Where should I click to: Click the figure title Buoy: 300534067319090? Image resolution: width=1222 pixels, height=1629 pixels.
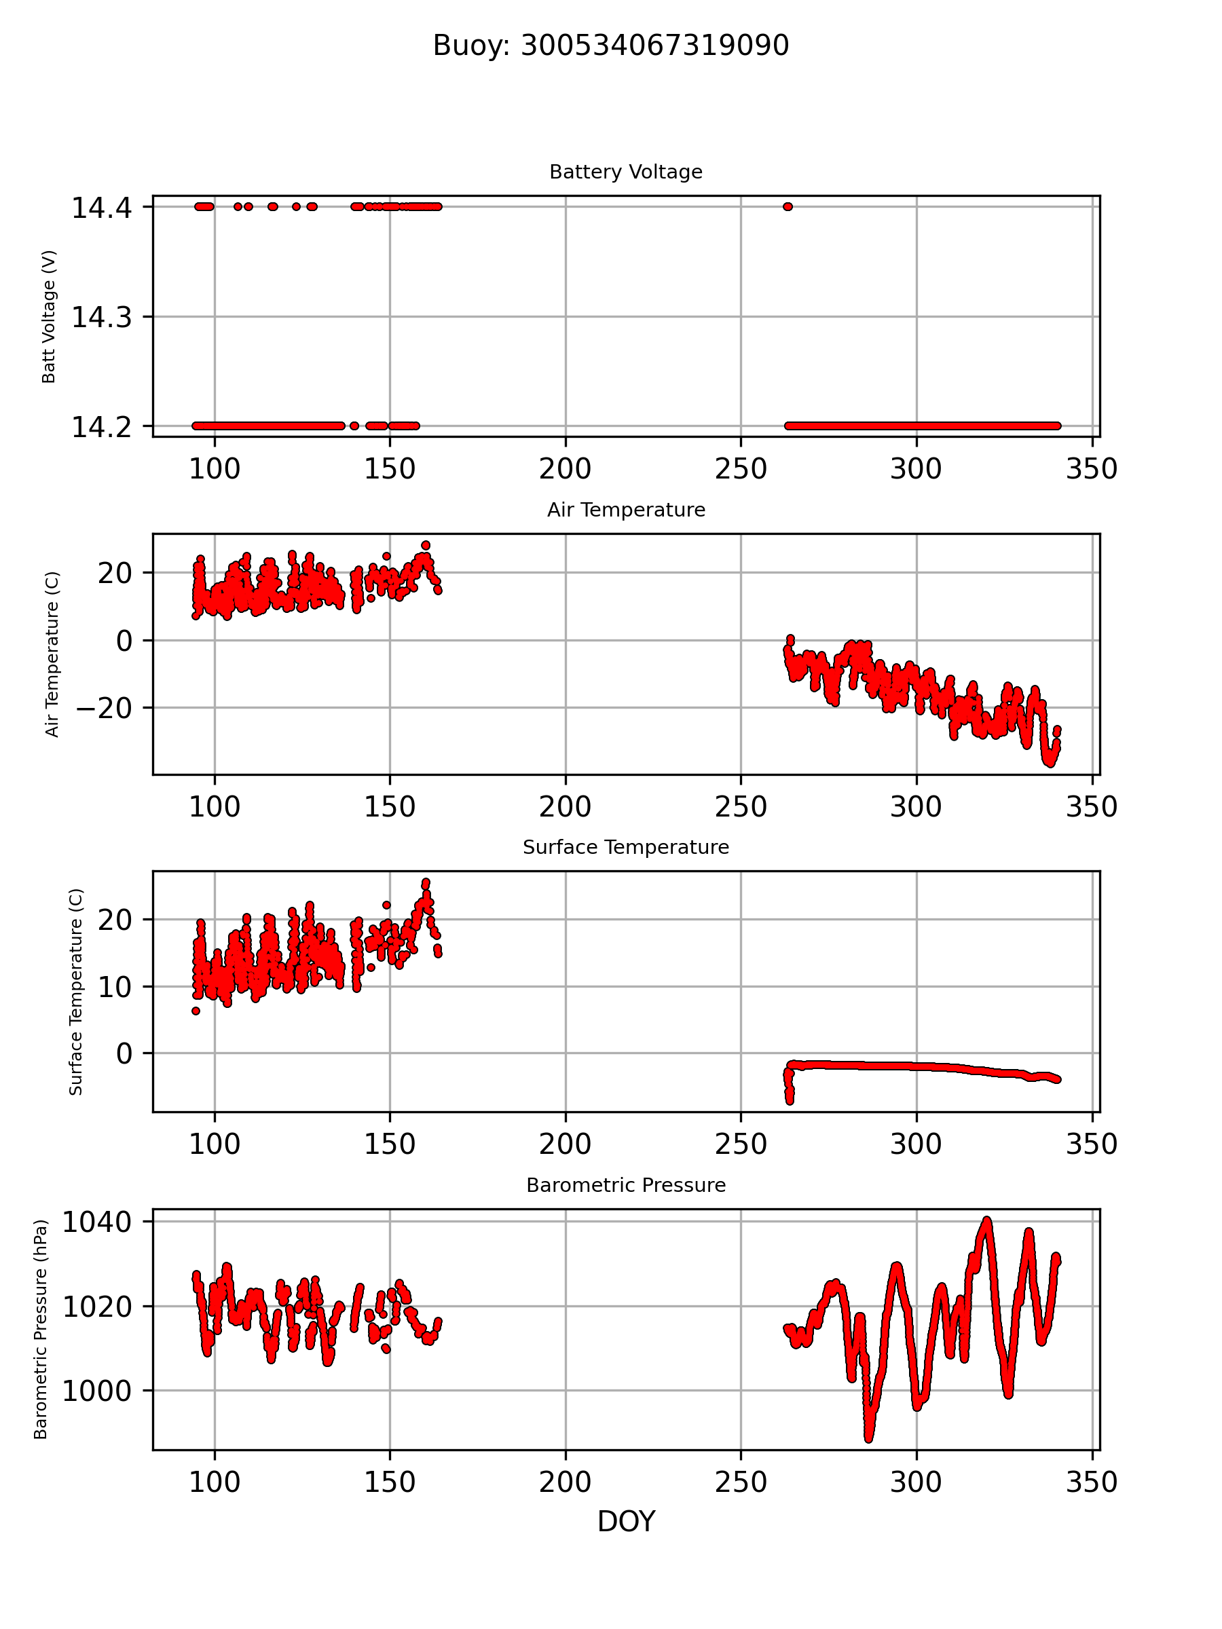(x=610, y=45)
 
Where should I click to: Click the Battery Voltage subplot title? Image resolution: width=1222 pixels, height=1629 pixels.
(x=625, y=172)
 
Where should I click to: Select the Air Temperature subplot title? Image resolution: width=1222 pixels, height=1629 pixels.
(x=625, y=510)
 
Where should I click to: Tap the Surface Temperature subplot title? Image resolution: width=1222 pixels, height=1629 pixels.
(x=625, y=847)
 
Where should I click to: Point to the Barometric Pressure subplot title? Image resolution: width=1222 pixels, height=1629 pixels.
(x=625, y=1185)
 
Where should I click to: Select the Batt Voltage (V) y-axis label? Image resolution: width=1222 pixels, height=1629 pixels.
(x=49, y=317)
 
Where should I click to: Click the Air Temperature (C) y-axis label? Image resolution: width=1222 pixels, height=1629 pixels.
(x=52, y=654)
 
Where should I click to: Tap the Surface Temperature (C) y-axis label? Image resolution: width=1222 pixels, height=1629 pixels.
(x=75, y=991)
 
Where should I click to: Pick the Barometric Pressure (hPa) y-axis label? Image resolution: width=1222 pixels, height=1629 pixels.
(x=41, y=1328)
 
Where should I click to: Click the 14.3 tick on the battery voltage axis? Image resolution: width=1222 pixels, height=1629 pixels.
(x=102, y=318)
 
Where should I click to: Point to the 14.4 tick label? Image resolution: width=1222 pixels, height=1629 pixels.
(x=102, y=208)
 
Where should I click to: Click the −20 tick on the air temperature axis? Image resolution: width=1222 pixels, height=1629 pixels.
(x=104, y=708)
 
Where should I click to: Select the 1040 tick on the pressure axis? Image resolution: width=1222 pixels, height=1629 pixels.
(x=96, y=1222)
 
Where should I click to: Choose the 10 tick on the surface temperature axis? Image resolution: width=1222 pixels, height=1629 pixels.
(x=115, y=987)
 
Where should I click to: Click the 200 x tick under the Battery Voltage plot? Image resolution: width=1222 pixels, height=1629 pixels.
(x=565, y=469)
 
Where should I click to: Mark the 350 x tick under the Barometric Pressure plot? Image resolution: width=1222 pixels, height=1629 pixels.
(x=1092, y=1482)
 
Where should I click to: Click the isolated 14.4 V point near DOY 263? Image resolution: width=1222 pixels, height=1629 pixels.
(x=788, y=207)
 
